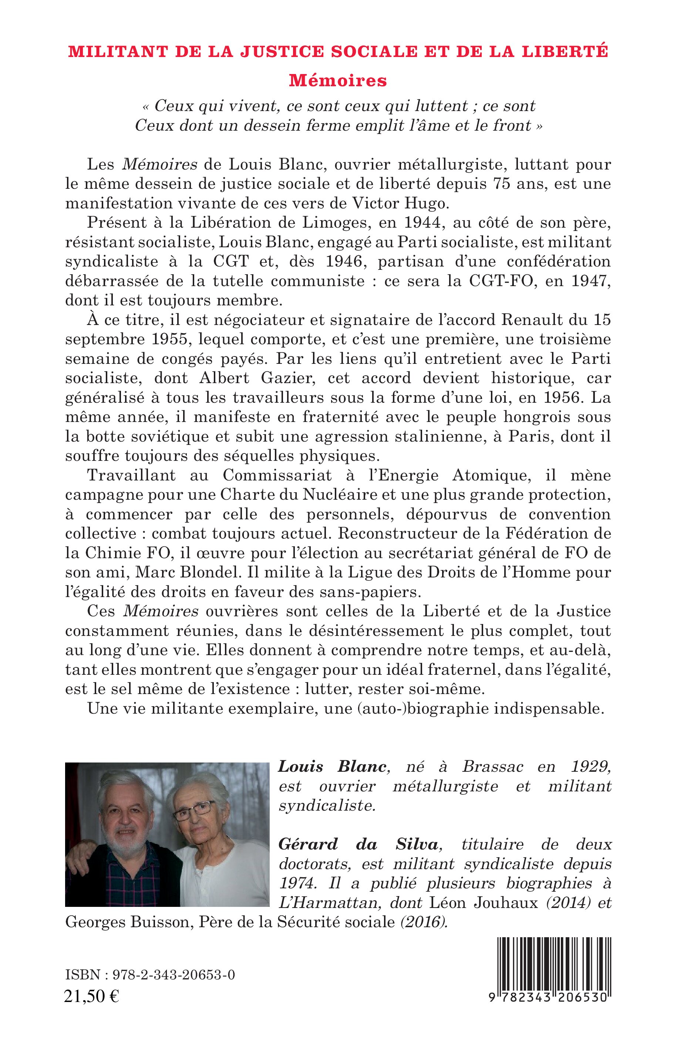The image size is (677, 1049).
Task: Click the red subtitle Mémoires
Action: click(338, 80)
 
